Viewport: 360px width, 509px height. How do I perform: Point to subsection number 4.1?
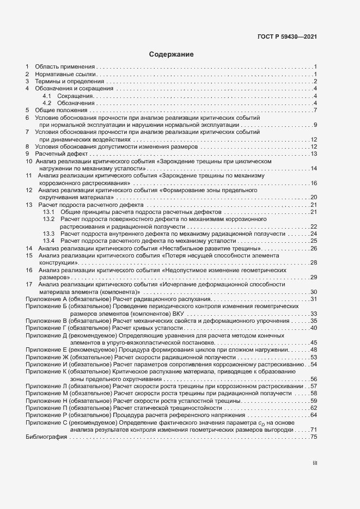pyautogui.click(x=47, y=96)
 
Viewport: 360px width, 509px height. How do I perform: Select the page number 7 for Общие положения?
pyautogui.click(x=315, y=111)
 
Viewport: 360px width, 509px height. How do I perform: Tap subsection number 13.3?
pyautogui.click(x=49, y=234)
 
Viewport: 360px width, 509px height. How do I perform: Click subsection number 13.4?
pyautogui.click(x=49, y=241)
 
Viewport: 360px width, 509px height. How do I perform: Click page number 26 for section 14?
pyautogui.click(x=314, y=248)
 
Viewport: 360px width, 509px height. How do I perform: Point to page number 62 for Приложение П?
pyautogui.click(x=314, y=408)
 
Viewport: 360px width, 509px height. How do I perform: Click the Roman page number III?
pyautogui.click(x=314, y=464)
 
